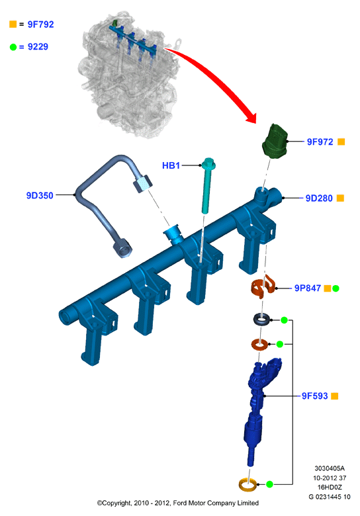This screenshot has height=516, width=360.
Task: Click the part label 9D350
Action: (x=40, y=195)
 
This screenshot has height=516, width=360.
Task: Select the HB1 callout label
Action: (x=171, y=165)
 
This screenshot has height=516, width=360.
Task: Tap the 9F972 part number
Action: (x=320, y=142)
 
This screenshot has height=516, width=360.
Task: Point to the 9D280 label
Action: (x=319, y=198)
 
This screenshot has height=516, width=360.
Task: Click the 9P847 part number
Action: (x=307, y=288)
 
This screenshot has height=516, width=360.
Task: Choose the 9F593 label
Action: (x=314, y=396)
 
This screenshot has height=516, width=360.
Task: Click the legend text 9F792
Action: (x=40, y=24)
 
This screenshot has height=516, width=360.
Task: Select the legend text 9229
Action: (x=38, y=47)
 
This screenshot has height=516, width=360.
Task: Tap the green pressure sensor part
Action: (x=275, y=142)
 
